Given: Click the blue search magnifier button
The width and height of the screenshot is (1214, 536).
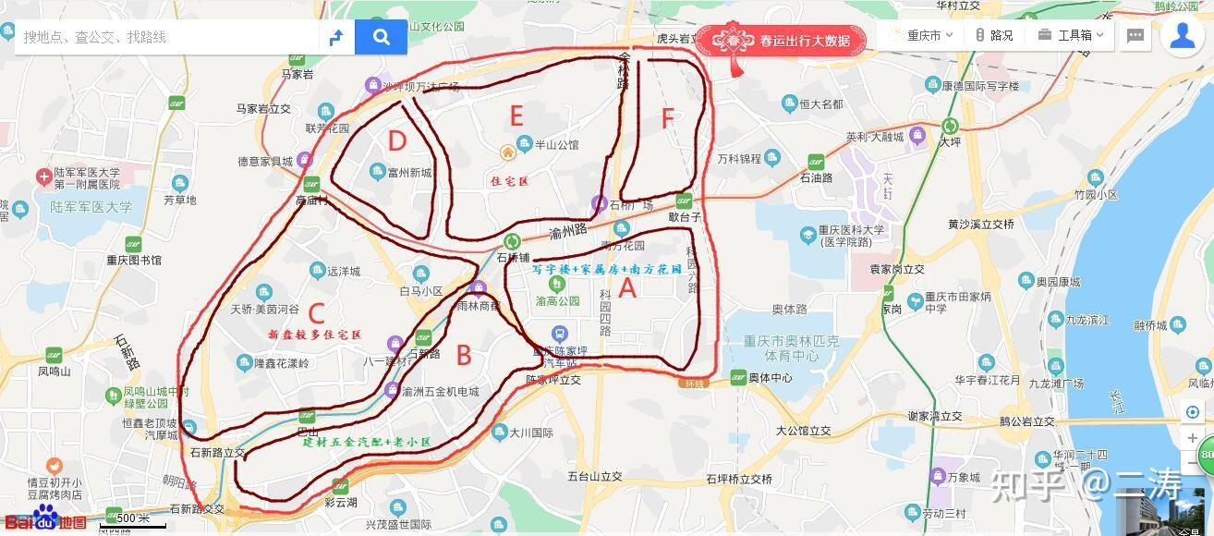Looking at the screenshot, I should click(x=381, y=37).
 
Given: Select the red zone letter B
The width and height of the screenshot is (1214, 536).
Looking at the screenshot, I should click(x=464, y=355).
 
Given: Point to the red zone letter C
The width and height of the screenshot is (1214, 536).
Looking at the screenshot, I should click(x=317, y=313).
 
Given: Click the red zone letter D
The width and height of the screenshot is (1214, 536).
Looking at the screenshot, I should click(x=397, y=141).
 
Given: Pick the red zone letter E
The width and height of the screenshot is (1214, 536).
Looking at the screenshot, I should click(x=516, y=116).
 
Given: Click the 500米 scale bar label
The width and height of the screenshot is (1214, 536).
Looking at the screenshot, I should click(x=132, y=518).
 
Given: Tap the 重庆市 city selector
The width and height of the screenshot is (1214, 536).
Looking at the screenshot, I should click(x=922, y=36).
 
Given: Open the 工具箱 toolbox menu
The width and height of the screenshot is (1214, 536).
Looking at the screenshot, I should click(x=1074, y=36).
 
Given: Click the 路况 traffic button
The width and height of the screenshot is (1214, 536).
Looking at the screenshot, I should click(x=994, y=36).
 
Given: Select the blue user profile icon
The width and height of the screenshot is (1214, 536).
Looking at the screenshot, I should click(x=1183, y=35).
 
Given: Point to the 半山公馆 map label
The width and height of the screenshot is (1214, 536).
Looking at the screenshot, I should click(x=556, y=144).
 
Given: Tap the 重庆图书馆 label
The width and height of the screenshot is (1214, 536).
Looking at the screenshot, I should click(x=133, y=261).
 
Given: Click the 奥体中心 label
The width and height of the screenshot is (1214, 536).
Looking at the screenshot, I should click(x=769, y=378).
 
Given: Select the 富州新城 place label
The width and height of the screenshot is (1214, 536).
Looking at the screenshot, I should click(x=409, y=172).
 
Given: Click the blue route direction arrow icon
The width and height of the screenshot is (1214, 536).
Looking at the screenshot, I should click(x=336, y=37).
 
